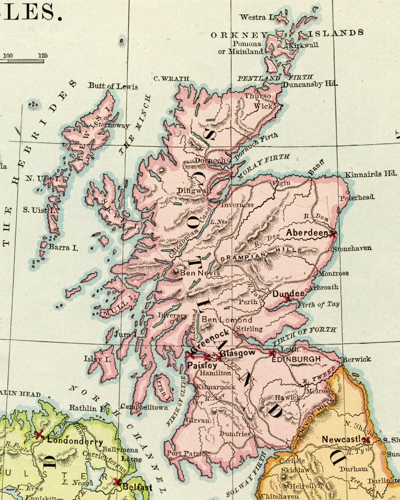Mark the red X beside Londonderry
pos(39,434)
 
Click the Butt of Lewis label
pos(113,86)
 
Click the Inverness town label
pos(237,204)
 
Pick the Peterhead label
pos(357,197)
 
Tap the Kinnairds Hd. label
pos(370,174)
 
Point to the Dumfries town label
pos(234,434)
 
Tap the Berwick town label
pos(356,359)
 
